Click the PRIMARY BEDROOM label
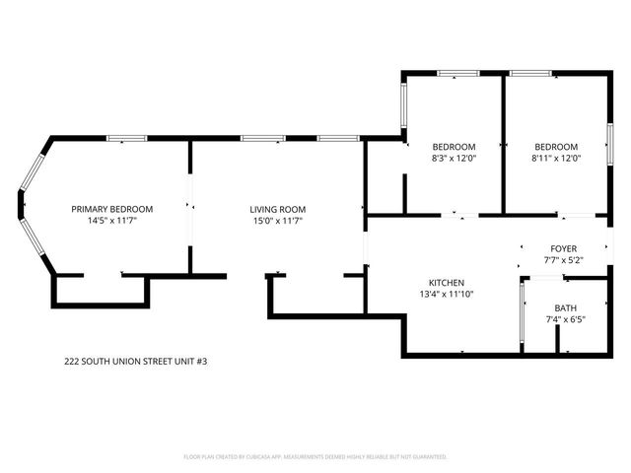tap(111, 209)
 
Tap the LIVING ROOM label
tap(277, 209)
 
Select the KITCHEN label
tap(440, 282)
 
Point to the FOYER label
tap(563, 248)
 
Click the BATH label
tap(565, 307)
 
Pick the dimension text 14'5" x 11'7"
tap(111, 221)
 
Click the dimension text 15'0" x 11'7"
tap(277, 221)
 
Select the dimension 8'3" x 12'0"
tap(454, 158)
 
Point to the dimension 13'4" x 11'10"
tap(440, 294)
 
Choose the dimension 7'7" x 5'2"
tap(563, 260)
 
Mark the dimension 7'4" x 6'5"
tap(565, 319)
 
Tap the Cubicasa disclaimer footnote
tap(315, 457)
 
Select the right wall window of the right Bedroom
tap(608, 139)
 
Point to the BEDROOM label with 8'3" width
tap(454, 147)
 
